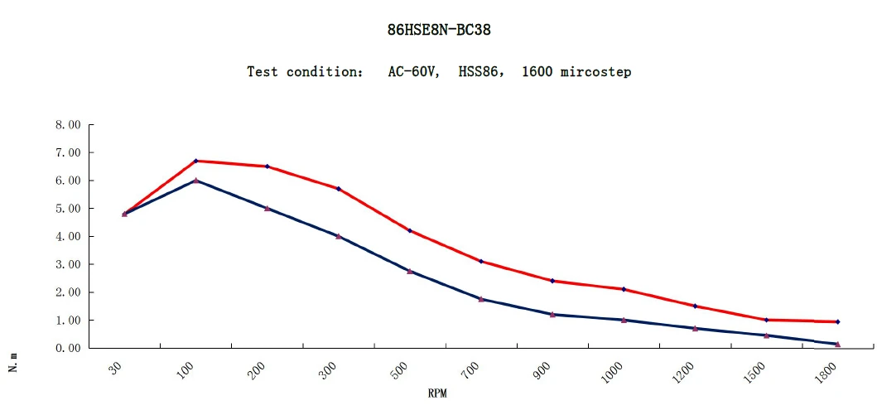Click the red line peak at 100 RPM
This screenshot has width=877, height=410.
click(x=196, y=161)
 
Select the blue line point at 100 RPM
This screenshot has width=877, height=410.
click(x=196, y=181)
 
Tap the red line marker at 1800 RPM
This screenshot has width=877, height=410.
click(x=837, y=321)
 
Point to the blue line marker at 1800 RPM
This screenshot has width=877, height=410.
click(x=837, y=344)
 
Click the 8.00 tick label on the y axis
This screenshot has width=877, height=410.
click(x=67, y=125)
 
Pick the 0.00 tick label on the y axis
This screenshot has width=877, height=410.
click(x=67, y=349)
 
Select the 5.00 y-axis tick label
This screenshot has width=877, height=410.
click(x=67, y=209)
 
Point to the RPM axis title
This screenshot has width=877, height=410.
click(x=438, y=393)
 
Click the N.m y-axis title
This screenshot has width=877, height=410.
click(x=13, y=361)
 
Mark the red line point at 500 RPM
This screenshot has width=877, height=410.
click(x=410, y=230)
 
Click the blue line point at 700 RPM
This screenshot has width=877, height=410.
click(x=481, y=299)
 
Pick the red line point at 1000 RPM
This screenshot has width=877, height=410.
click(x=624, y=289)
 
